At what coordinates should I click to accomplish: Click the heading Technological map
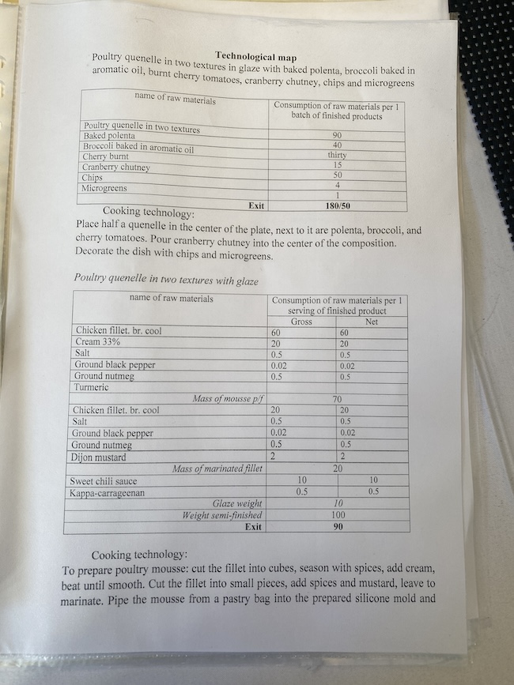click(x=255, y=57)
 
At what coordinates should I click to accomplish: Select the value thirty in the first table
click(x=338, y=156)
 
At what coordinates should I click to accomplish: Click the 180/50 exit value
click(x=338, y=205)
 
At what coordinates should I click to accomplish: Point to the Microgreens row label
click(x=108, y=188)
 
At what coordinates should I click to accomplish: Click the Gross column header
click(x=301, y=322)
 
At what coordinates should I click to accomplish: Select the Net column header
click(x=372, y=322)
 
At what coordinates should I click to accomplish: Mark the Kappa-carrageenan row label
click(x=111, y=493)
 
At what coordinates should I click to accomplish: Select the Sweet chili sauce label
click(x=104, y=481)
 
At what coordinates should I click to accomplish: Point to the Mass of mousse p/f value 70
click(x=337, y=400)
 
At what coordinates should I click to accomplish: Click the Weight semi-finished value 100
click(x=338, y=515)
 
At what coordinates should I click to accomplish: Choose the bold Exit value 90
click(x=338, y=526)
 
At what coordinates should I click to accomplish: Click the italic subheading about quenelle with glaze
click(x=166, y=279)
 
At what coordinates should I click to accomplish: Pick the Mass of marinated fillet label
click(x=217, y=469)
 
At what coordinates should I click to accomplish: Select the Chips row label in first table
click(x=93, y=178)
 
